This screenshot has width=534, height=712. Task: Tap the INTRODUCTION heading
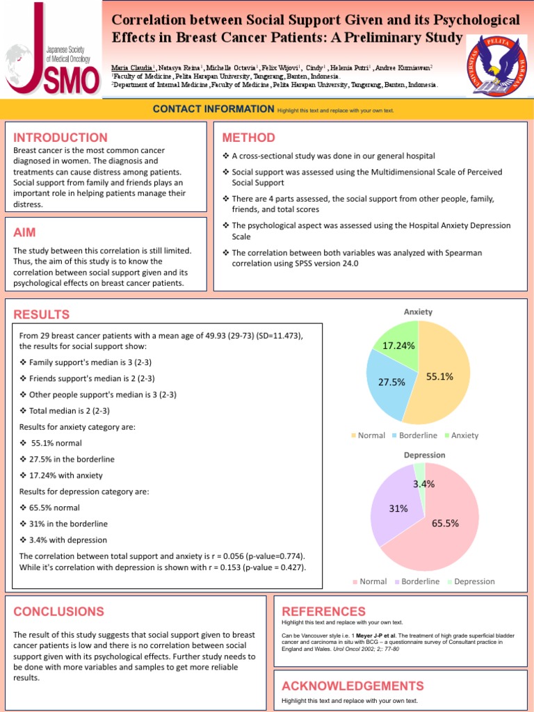pos(60,138)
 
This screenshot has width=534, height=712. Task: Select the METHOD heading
pos(248,138)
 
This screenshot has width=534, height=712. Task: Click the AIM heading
pos(25,232)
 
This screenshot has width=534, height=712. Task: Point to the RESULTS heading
pos(42,314)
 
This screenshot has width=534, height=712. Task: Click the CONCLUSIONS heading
pos(58,612)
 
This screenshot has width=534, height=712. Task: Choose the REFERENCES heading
pos(323,611)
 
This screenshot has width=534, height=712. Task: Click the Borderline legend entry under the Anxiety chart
pos(419,435)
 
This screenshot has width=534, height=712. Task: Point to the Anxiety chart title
pos(419,311)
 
